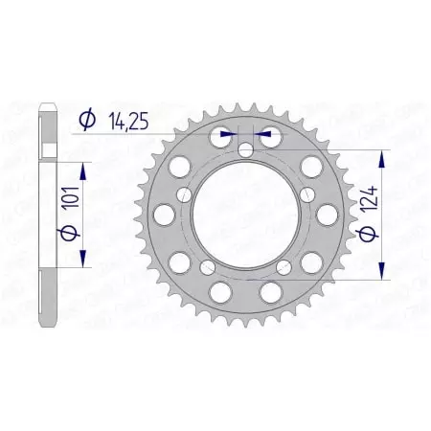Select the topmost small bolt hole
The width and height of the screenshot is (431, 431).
pyautogui.click(x=246, y=149)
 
